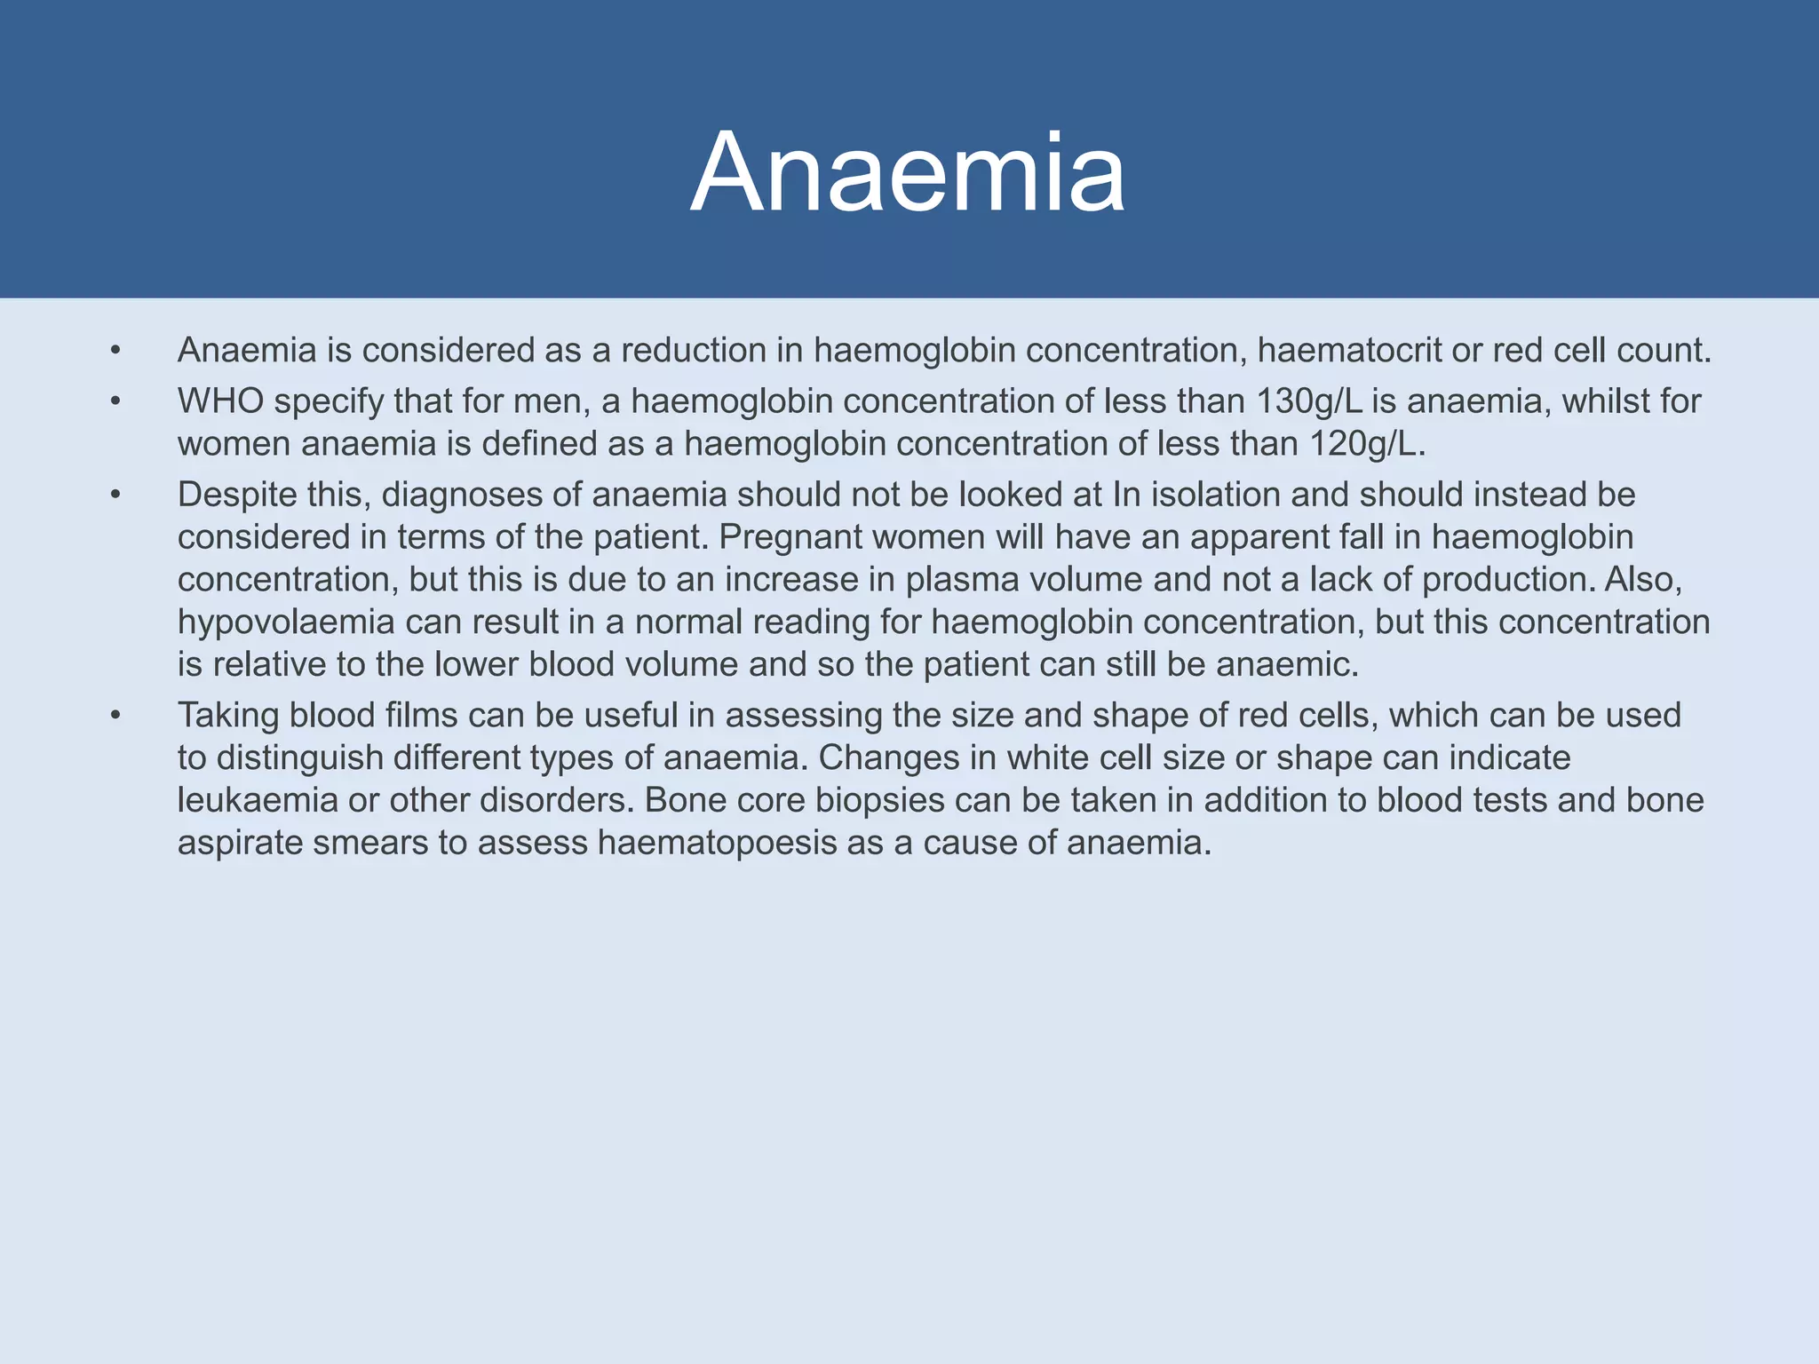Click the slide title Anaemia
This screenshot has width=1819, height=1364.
point(908,172)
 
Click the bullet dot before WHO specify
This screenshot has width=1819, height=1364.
point(115,402)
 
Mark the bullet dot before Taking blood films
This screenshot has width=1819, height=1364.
point(115,716)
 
